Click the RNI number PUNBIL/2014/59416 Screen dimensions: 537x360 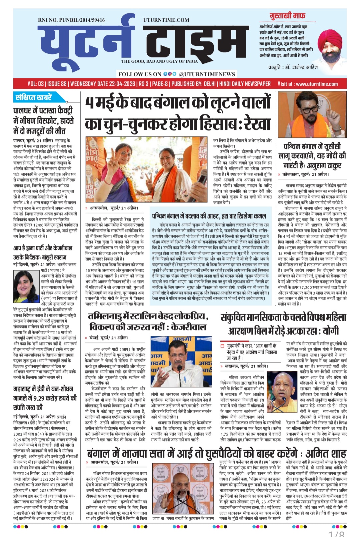click(x=71, y=20)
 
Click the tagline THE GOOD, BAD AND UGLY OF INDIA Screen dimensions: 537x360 click(x=159, y=61)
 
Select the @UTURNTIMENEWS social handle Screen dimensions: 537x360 click(x=207, y=74)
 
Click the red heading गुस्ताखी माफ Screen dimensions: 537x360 click(x=287, y=16)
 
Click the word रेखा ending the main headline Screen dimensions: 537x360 click(x=257, y=123)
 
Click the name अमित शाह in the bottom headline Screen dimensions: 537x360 click(x=326, y=454)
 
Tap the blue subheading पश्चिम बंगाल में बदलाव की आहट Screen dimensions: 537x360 click(x=209, y=215)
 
